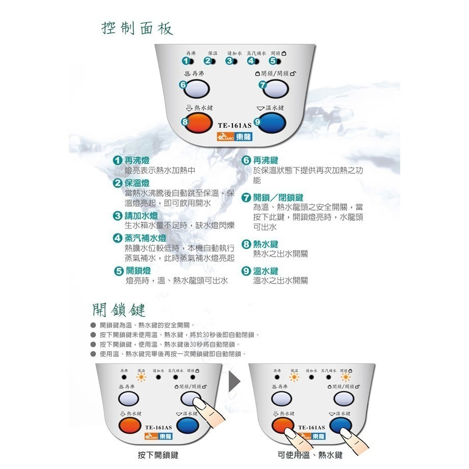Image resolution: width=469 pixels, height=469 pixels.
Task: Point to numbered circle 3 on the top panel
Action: (x=229, y=61)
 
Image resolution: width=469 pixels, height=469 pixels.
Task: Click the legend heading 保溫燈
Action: (x=137, y=183)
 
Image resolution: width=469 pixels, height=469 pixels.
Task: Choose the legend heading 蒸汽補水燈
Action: (x=146, y=238)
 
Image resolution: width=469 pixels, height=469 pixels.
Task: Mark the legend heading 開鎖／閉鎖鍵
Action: (x=278, y=197)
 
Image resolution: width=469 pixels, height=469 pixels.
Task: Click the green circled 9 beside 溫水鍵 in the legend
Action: (x=246, y=271)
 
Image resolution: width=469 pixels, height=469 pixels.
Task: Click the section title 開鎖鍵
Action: (x=119, y=309)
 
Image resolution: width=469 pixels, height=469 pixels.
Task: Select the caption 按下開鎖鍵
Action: (x=158, y=455)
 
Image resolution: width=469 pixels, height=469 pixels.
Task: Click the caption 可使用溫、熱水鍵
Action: (x=310, y=455)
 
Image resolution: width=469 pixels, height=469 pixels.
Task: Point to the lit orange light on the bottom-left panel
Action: (x=141, y=378)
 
